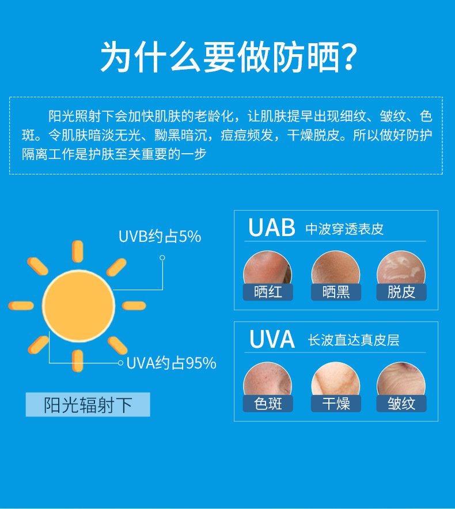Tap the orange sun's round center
pos(78,306)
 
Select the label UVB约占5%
pos(160,236)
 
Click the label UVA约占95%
pos(171,363)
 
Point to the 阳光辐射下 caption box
pos(88,404)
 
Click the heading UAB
pos(271,227)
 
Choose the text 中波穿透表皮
pos(344,229)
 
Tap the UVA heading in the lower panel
pos(272,339)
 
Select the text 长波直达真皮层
pos(354,340)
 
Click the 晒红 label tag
pos(268,292)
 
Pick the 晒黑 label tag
pos(336,292)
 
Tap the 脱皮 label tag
pos(401,292)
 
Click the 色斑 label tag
pos(268,404)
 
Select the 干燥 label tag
pos(336,404)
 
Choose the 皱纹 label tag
pos(401,404)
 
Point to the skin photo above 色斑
pos(267,379)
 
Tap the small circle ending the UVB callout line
pos(162,258)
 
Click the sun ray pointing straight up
pos(77,251)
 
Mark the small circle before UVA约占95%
pos(120,363)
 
